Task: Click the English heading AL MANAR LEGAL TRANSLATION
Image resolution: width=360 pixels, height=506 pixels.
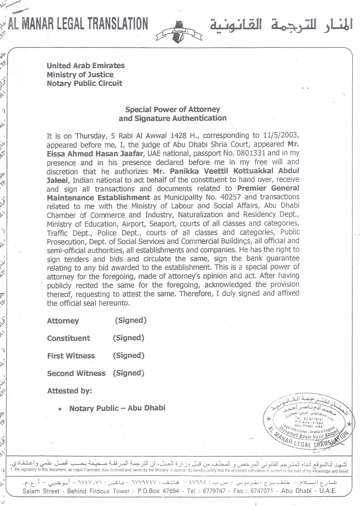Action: (x=78, y=24)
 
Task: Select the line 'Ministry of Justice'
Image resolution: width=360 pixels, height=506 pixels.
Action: (x=80, y=74)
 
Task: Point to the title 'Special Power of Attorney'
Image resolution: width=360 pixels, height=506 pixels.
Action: (x=172, y=109)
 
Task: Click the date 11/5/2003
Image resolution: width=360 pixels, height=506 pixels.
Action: (x=280, y=135)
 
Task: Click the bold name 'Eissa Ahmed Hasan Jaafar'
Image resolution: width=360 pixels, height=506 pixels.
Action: (x=95, y=153)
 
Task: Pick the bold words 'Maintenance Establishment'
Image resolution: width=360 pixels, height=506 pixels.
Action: (x=99, y=197)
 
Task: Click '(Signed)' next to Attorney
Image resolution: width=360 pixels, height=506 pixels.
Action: (x=131, y=321)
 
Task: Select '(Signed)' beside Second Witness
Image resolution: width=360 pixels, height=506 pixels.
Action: (x=128, y=373)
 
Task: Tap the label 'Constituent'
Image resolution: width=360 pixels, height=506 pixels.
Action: (x=69, y=338)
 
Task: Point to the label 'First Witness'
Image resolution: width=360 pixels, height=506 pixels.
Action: (x=71, y=356)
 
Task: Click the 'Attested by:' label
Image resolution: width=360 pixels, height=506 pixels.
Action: (x=69, y=391)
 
